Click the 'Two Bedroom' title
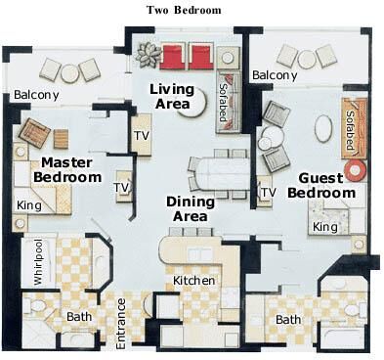tap(184, 10)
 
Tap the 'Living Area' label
tap(172, 97)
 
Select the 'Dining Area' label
tap(191, 209)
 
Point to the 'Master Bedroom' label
tap(67, 170)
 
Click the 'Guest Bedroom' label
tap(321, 185)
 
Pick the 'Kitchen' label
tap(193, 280)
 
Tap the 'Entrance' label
tap(121, 324)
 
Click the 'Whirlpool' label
tap(38, 262)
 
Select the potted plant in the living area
tap(148, 55)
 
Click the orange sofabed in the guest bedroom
tap(354, 128)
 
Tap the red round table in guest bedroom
tap(356, 170)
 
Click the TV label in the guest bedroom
tap(269, 193)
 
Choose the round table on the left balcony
tap(69, 73)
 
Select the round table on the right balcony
tap(307, 59)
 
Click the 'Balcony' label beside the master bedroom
tap(36, 95)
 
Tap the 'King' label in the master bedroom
tap(29, 205)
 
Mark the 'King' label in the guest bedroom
tap(325, 227)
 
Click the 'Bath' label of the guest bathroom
tap(288, 320)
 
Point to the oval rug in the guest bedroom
tap(323, 129)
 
